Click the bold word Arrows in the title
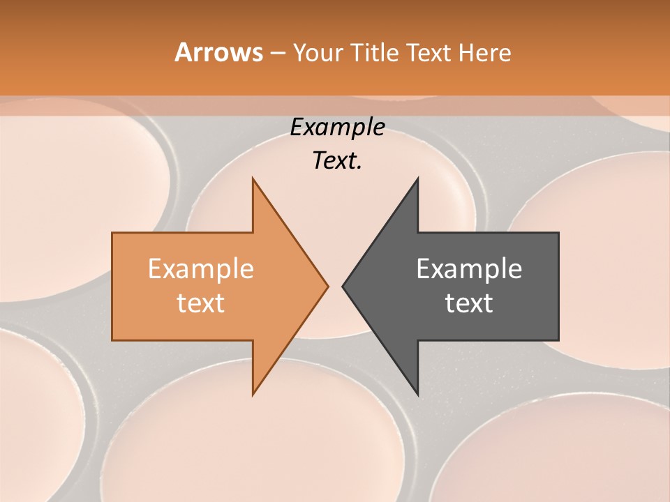coord(218,52)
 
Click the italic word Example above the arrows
coord(337,128)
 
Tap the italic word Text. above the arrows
coord(337,161)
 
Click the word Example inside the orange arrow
coord(200,269)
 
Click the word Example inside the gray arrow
coord(469,269)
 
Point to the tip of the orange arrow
coord(328,286)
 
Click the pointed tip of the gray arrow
coord(342,286)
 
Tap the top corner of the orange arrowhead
coord(253,178)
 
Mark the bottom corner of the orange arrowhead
coord(253,395)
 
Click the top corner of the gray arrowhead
coord(417,178)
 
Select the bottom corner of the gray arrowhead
coord(417,395)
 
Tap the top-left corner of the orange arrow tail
coord(112,233)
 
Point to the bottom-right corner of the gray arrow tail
coord(558,340)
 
